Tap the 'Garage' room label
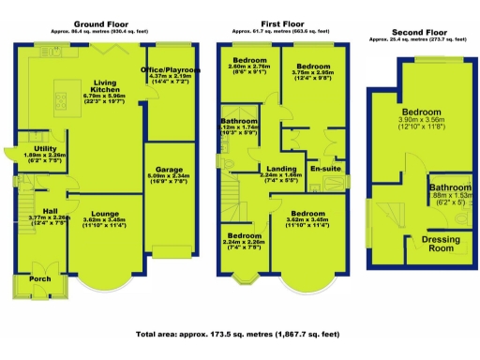pyautogui.click(x=169, y=164)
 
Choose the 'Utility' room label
pyautogui.click(x=43, y=149)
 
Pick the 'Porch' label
pyautogui.click(x=39, y=278)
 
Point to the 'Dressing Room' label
pyautogui.click(x=435, y=245)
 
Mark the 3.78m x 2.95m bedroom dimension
pyautogui.click(x=313, y=76)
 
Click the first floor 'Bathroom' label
pyautogui.click(x=241, y=121)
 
